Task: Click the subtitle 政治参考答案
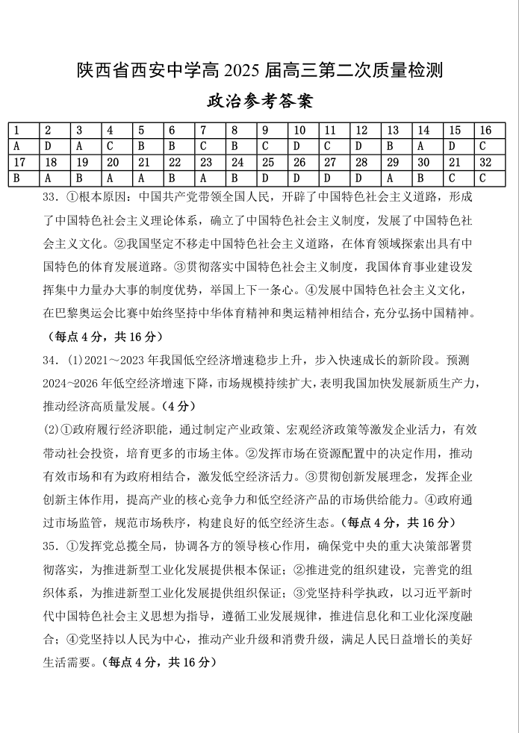point(259,101)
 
